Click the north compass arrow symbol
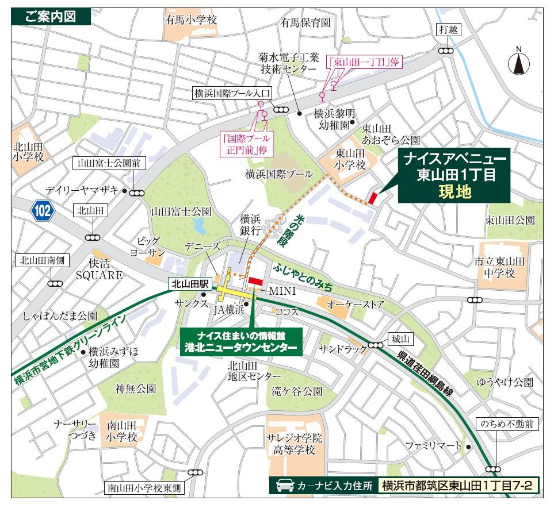(x=518, y=62)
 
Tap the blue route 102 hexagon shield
(x=43, y=211)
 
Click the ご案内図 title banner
(x=51, y=17)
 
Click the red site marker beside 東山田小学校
(x=372, y=197)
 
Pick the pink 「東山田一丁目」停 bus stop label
(x=363, y=62)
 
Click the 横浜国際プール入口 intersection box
(x=232, y=93)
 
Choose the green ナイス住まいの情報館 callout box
(x=241, y=341)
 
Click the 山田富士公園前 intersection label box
(x=109, y=163)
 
